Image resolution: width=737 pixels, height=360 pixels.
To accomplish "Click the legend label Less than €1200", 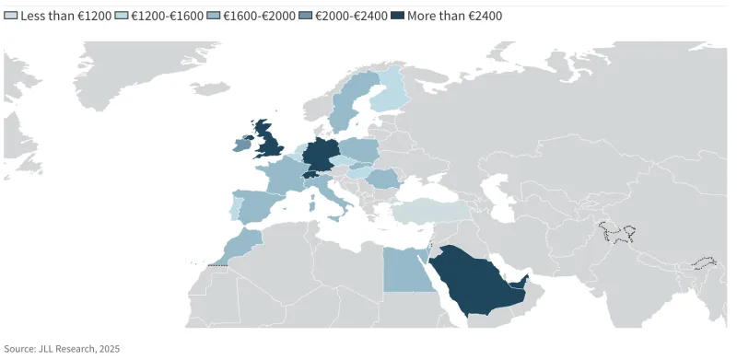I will [x=64, y=17].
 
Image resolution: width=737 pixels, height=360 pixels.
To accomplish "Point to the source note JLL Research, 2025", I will [x=62, y=349].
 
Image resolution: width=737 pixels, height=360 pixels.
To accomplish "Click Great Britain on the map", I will [x=272, y=143].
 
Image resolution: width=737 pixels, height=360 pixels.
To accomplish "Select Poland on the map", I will [x=360, y=149].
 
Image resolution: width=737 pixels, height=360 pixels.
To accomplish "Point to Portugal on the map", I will [x=235, y=208].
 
